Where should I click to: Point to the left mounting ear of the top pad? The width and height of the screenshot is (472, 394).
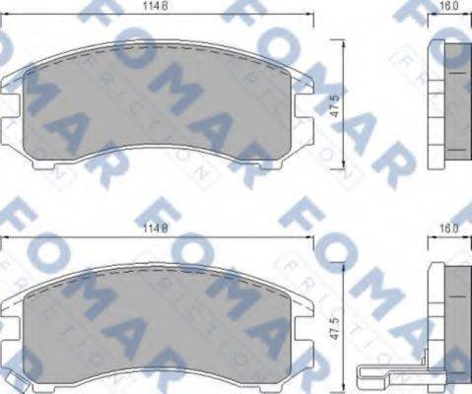coord(12,86)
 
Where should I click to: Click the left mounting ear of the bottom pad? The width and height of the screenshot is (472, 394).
coord(12,302)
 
